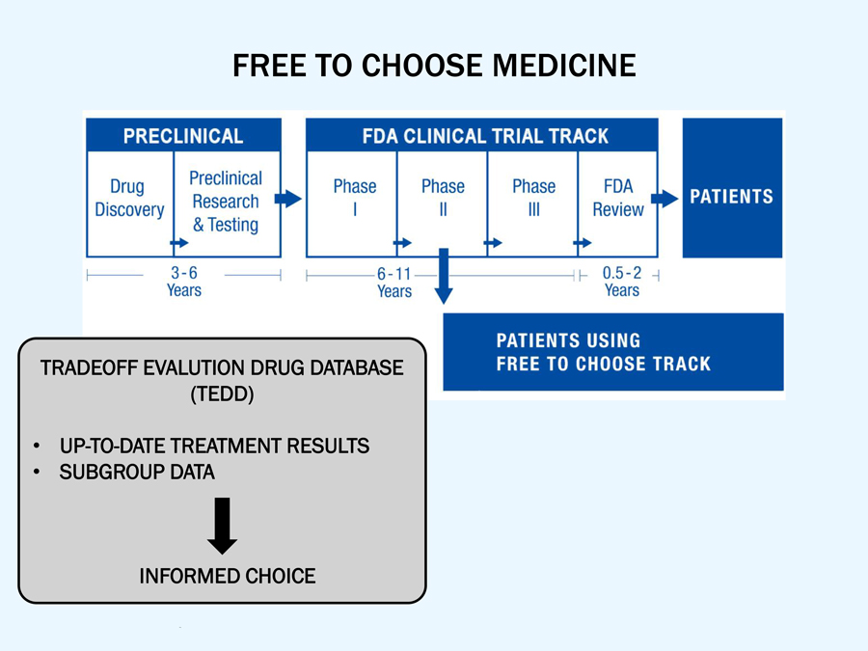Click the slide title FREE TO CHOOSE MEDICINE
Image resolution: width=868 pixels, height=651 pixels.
tap(434, 66)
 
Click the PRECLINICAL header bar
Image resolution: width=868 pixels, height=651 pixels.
tap(183, 135)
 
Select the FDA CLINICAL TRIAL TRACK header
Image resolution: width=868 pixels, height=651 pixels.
tap(482, 135)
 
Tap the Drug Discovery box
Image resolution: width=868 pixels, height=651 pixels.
tap(129, 199)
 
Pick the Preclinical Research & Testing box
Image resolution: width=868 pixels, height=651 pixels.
tap(226, 201)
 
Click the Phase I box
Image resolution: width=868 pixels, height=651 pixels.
tap(354, 198)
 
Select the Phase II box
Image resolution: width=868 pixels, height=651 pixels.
tap(443, 198)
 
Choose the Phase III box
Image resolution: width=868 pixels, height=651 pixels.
tap(533, 198)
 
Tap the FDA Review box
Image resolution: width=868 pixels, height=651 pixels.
tap(617, 198)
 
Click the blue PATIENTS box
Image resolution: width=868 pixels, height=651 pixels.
tap(732, 188)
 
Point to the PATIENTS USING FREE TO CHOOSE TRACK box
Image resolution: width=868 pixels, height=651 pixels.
tap(612, 352)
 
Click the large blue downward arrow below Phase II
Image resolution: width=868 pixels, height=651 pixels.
tap(444, 275)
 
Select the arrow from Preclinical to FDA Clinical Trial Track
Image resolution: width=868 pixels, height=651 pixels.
tap(288, 199)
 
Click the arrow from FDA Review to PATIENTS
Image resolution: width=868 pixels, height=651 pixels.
tap(665, 199)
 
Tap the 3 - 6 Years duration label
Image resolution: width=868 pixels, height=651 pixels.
tap(184, 282)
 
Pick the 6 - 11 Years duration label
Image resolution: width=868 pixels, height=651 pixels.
tap(394, 283)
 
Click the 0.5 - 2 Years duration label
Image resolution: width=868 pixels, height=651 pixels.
tap(622, 282)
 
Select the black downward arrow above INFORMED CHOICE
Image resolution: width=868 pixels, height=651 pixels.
tap(223, 526)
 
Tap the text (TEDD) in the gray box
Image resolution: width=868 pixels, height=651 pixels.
tap(223, 394)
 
